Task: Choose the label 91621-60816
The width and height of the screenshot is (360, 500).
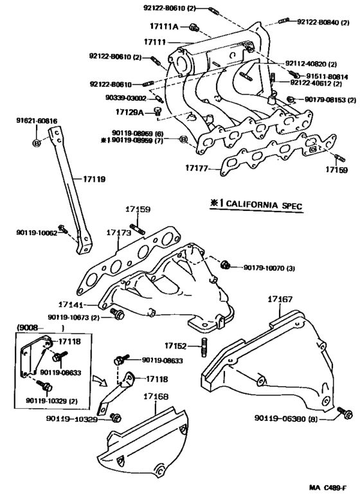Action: pos(37,120)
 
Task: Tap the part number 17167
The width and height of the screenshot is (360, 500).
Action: pos(280,300)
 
